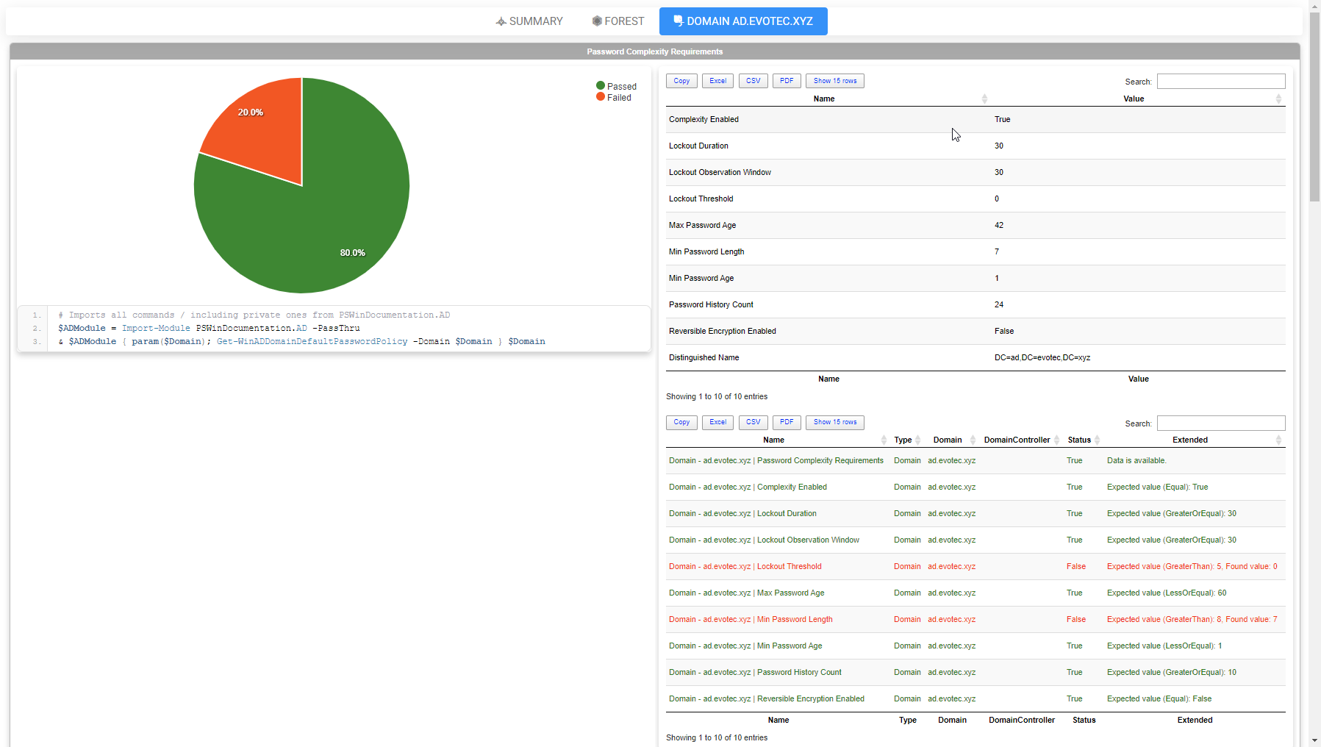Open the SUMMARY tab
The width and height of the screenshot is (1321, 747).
[529, 21]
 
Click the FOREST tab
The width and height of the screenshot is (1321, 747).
[618, 21]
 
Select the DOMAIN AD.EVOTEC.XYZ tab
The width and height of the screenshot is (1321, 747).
[743, 21]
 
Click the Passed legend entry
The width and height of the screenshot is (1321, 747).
[617, 86]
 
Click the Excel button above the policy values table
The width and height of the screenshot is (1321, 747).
[717, 81]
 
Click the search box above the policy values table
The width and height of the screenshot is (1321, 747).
[1220, 81]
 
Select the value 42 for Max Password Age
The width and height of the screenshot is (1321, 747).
[999, 225]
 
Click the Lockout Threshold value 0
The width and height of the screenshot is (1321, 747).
[997, 199]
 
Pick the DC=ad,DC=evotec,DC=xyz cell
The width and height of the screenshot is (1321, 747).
[1042, 357]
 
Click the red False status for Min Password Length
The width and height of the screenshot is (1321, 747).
[1076, 619]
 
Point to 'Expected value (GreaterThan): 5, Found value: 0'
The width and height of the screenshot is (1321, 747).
[1192, 566]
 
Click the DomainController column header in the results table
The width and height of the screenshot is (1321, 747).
[1017, 440]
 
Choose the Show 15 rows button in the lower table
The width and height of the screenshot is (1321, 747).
[834, 422]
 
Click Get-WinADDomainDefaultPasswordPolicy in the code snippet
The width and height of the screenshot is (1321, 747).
[312, 341]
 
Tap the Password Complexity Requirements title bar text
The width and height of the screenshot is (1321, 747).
[654, 51]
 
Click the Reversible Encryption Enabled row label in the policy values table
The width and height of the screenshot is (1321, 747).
[722, 331]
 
